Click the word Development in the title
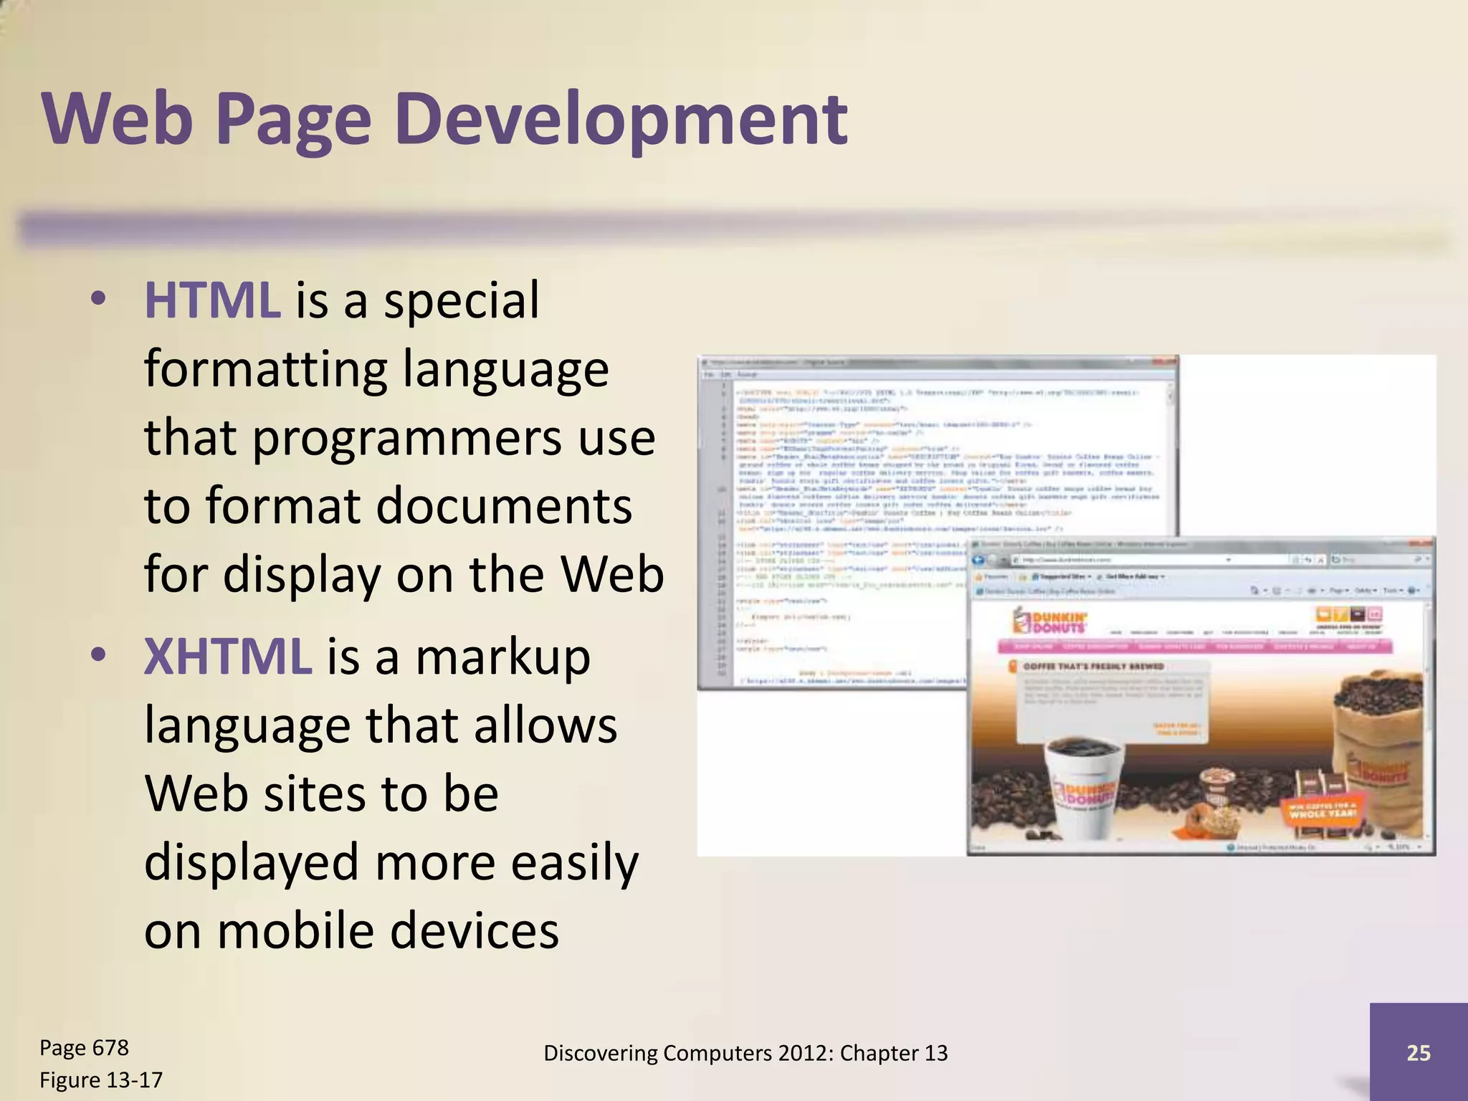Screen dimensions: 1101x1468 pos(620,120)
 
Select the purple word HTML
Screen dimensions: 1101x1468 pos(212,300)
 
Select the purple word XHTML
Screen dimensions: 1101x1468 pos(228,657)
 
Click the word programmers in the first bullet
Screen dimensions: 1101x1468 pos(407,439)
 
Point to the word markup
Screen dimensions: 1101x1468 pos(502,657)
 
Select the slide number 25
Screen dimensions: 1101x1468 pos(1418,1052)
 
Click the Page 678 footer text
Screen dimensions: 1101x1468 pos(84,1048)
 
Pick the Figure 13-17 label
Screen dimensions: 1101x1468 pos(101,1079)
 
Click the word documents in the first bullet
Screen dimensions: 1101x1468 pos(504,506)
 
